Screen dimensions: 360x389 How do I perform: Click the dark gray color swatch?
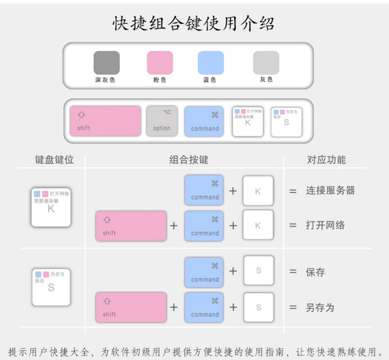tap(106, 63)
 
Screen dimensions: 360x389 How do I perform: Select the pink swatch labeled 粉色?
tap(160, 63)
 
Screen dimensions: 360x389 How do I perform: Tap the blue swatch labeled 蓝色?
tap(210, 63)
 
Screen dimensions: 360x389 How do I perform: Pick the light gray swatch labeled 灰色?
tap(266, 63)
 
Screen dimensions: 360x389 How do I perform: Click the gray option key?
tap(162, 121)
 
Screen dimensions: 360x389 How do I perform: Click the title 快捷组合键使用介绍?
tap(194, 23)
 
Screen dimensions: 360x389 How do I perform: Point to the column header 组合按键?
tap(189, 160)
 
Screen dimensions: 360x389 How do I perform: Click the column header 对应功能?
tap(326, 160)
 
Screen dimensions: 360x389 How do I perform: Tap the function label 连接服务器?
tap(330, 190)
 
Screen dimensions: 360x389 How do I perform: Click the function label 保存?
tap(315, 271)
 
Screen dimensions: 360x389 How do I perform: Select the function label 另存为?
tap(320, 308)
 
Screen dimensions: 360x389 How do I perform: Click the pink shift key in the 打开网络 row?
tap(131, 226)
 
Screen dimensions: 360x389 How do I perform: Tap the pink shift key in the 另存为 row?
tap(131, 307)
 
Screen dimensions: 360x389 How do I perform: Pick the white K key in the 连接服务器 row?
tap(258, 190)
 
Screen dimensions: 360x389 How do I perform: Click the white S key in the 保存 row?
tap(258, 271)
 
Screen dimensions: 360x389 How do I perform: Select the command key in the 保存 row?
tap(204, 271)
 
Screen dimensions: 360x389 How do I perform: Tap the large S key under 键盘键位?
tap(51, 287)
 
